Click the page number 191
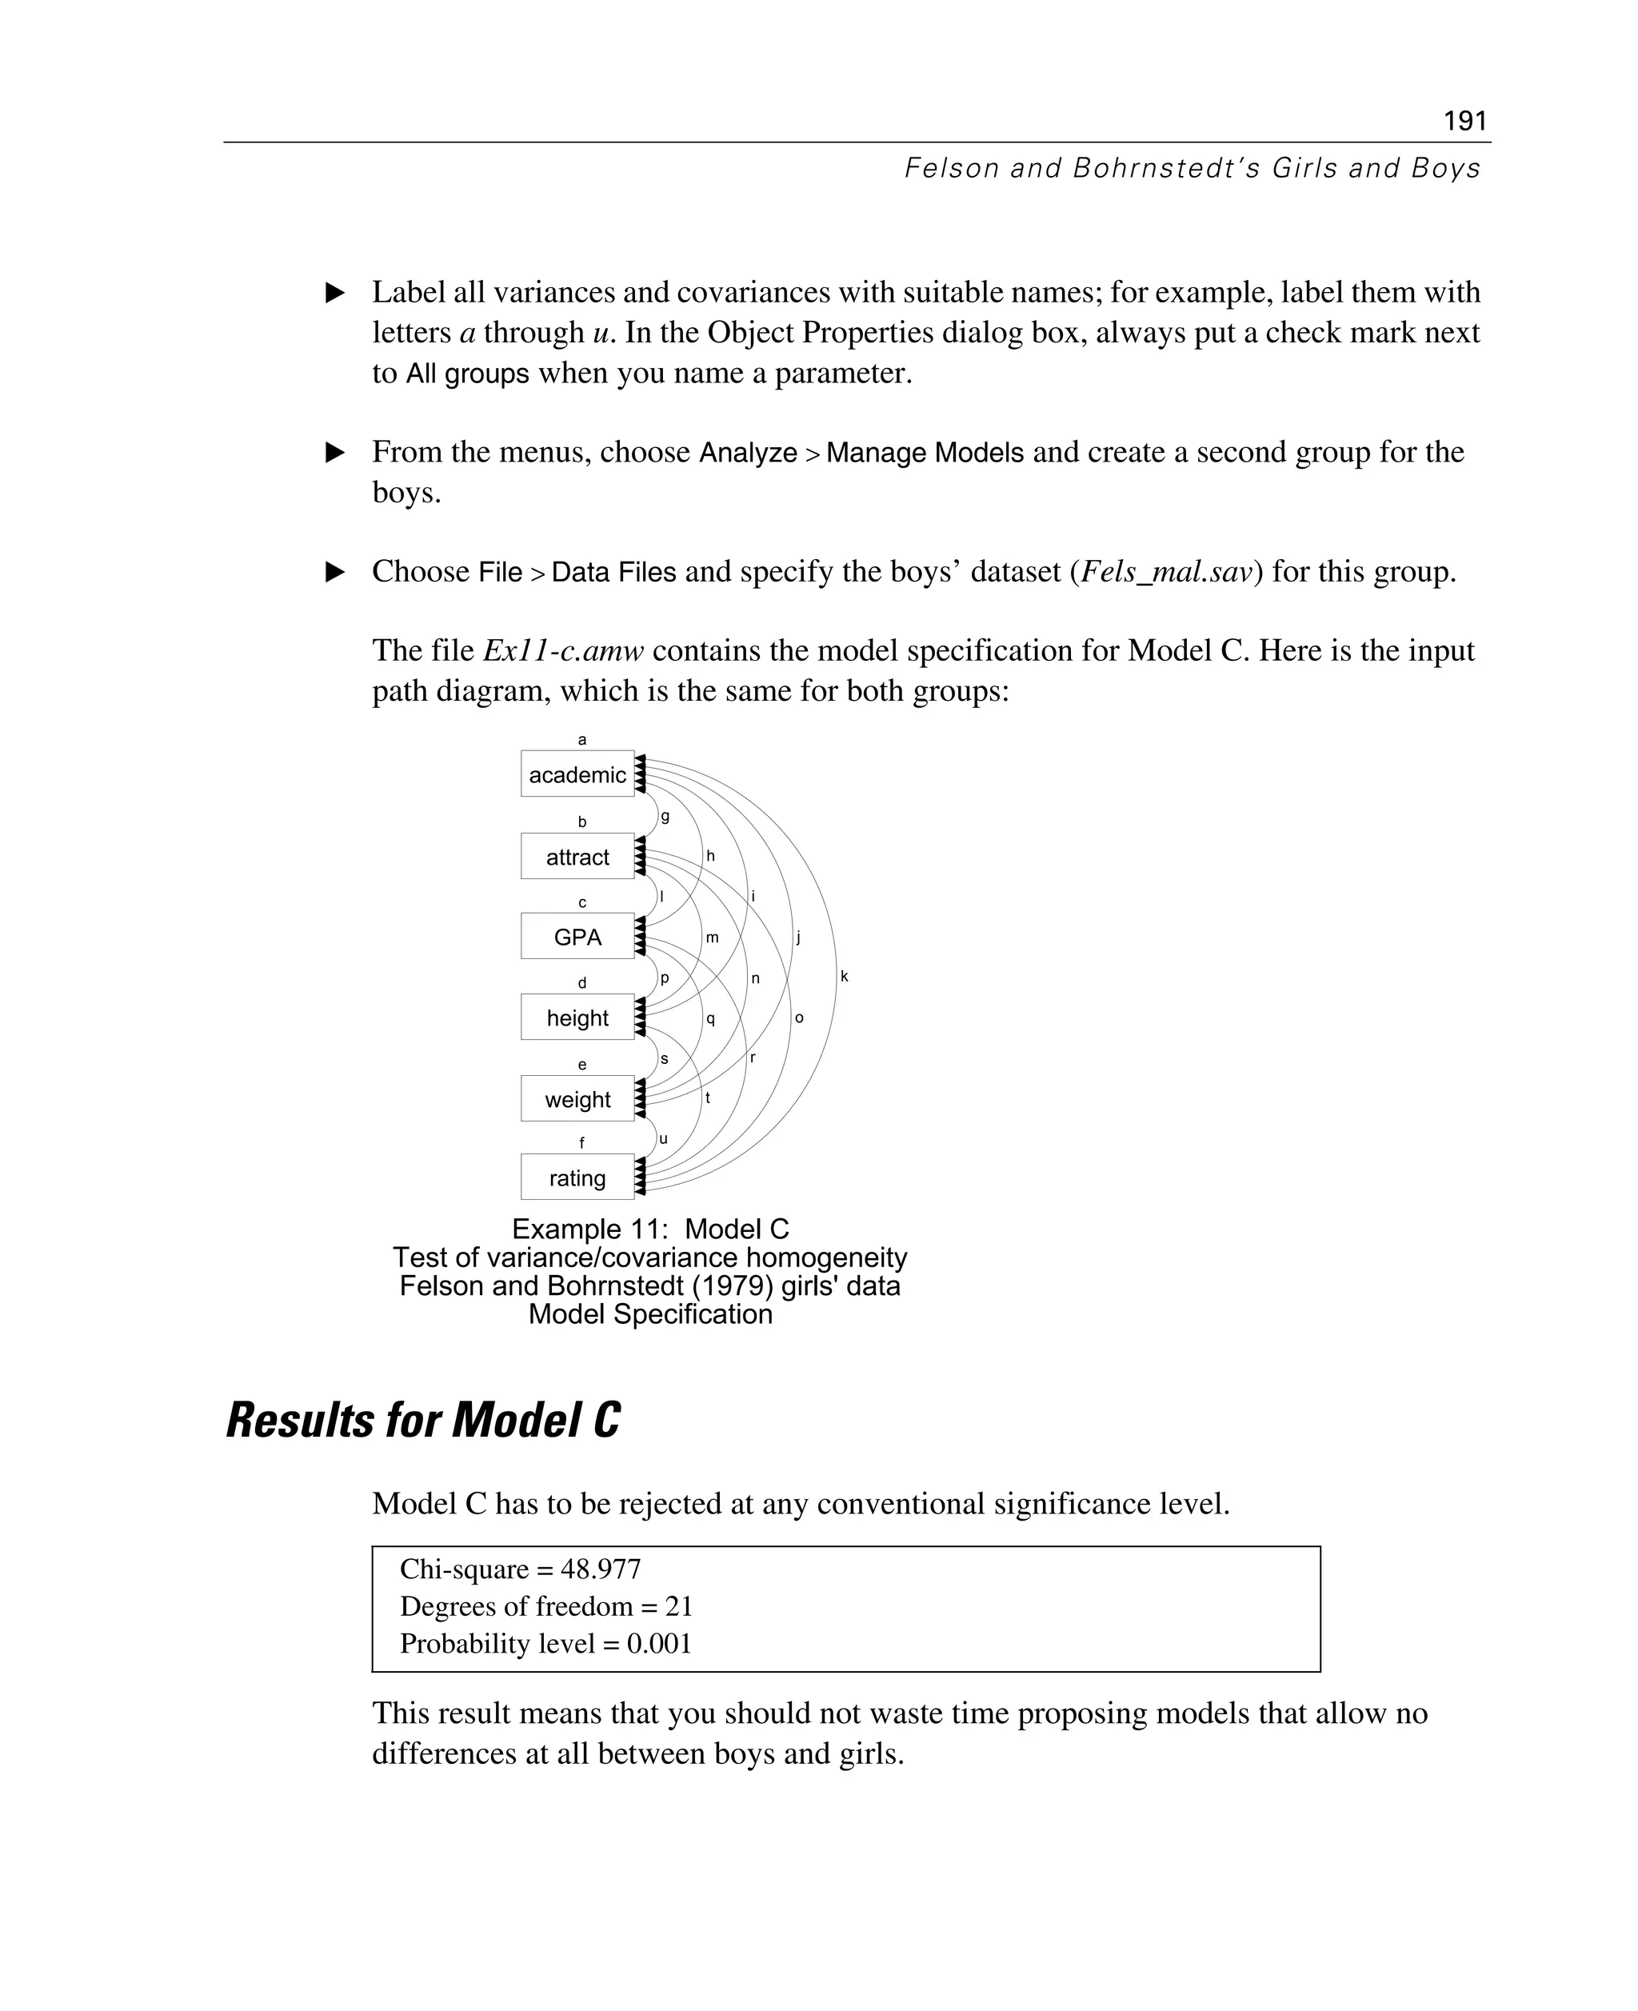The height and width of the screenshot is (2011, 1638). [1464, 121]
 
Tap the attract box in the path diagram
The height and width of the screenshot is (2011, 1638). [577, 857]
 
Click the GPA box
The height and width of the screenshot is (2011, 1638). [577, 937]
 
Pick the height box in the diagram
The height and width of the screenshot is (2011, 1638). [577, 1018]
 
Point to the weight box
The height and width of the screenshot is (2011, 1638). [577, 1099]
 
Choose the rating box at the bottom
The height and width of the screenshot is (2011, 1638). [577, 1177]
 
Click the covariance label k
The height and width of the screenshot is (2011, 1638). [845, 976]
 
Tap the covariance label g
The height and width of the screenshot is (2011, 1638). [665, 816]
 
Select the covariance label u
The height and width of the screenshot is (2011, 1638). [663, 1139]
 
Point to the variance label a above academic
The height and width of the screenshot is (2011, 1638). [582, 740]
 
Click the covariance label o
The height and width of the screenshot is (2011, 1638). [799, 1017]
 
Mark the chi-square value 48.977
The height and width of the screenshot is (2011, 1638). [600, 1569]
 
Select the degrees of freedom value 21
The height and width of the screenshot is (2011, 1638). [678, 1606]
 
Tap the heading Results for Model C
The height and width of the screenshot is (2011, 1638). [423, 1420]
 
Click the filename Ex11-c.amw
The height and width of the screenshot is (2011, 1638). [563, 651]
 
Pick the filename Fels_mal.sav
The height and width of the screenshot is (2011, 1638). [1166, 572]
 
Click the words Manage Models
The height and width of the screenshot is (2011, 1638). [925, 453]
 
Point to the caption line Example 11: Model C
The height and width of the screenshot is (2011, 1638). [650, 1229]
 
